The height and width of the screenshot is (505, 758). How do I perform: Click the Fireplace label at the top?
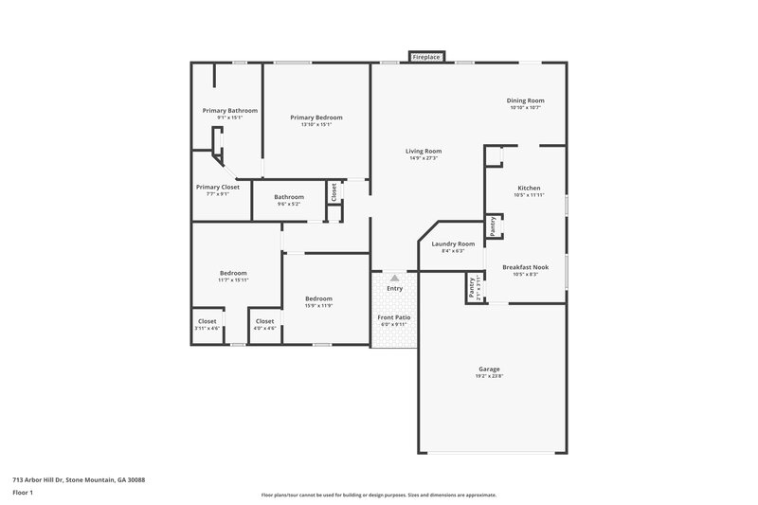(x=426, y=58)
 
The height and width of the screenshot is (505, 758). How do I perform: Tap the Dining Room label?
(x=527, y=100)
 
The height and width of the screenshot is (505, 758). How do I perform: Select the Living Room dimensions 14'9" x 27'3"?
(x=424, y=158)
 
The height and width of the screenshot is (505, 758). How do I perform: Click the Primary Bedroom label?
(x=316, y=117)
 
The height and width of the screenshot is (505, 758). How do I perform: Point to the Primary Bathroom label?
(x=229, y=110)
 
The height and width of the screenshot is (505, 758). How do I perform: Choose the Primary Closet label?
(x=218, y=187)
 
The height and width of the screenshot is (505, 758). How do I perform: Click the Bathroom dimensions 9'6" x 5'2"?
(x=289, y=204)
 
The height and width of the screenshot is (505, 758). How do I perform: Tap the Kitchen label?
(x=529, y=188)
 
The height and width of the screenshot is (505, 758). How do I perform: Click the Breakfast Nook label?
(x=525, y=266)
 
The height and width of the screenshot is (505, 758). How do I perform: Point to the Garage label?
(x=489, y=369)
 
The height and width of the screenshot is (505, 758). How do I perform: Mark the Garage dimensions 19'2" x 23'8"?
(x=489, y=376)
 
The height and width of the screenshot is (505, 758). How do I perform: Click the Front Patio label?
(x=392, y=316)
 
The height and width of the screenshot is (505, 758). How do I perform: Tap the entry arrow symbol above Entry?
(x=394, y=279)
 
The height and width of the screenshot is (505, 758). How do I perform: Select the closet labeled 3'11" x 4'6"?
(x=208, y=328)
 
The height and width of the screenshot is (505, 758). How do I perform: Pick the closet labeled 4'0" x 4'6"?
(x=265, y=328)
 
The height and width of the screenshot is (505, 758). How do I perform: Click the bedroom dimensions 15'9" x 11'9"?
(x=318, y=305)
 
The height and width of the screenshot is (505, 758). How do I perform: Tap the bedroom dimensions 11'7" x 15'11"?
(x=233, y=280)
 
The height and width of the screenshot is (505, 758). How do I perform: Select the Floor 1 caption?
(x=23, y=494)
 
